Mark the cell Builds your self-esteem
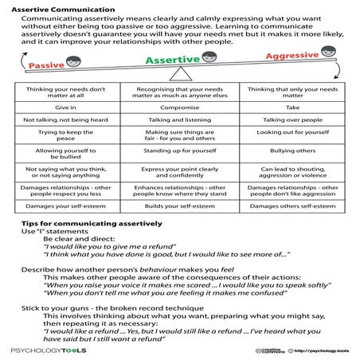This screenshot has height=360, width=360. [x=180, y=206]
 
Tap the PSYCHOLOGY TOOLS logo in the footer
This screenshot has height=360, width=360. [x=41, y=349]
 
